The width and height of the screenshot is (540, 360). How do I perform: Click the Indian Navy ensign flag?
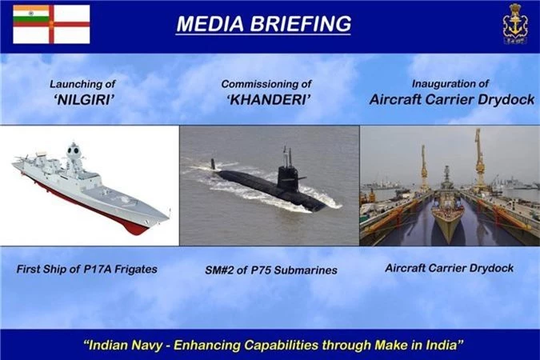coord(52,24)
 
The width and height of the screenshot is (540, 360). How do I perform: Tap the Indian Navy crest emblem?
coord(515,24)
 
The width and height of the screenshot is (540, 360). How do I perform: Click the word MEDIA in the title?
coord(210,24)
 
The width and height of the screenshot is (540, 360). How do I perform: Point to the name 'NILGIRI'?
coord(84,100)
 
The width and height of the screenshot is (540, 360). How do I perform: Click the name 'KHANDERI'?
coord(269,100)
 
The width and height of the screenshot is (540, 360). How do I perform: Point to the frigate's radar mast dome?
coord(74,150)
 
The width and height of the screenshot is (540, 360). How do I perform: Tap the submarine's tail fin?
coord(213,164)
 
